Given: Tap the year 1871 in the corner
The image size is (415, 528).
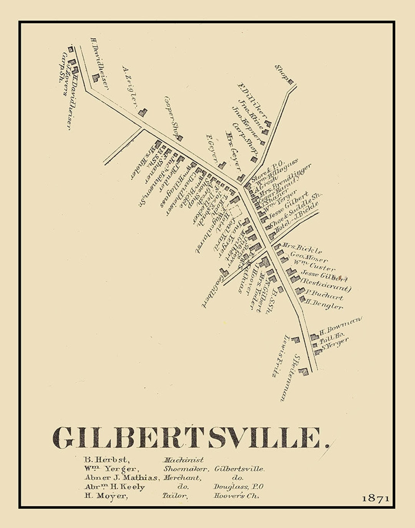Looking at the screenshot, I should [x=375, y=498].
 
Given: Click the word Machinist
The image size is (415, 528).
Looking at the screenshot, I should [x=183, y=460].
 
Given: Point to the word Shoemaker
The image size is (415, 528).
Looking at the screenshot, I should [x=186, y=469].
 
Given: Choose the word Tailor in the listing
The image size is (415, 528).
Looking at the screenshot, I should [x=175, y=496].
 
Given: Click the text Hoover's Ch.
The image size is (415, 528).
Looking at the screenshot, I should [x=236, y=496].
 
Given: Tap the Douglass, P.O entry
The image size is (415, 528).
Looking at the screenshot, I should [x=238, y=487].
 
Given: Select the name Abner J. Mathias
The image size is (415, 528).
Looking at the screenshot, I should [x=121, y=478].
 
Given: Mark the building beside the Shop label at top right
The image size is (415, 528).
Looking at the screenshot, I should [x=290, y=81].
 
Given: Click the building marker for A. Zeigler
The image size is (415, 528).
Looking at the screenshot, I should [x=143, y=112].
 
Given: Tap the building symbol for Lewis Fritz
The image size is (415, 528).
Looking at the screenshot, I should [x=295, y=340].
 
